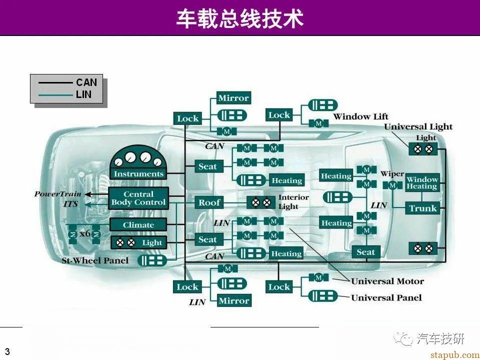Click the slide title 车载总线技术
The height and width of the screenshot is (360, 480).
[x=240, y=19]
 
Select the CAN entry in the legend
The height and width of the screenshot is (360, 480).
[x=86, y=82]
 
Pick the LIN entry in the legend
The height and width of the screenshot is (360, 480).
[x=84, y=94]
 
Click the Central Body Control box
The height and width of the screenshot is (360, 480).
[x=138, y=198]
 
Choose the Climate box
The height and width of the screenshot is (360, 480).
[x=138, y=225]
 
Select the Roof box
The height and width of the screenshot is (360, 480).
[x=209, y=202]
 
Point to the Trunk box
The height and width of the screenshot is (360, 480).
[x=423, y=208]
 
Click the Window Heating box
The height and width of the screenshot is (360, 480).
[x=422, y=183]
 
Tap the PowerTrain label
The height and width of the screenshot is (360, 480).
[x=57, y=194]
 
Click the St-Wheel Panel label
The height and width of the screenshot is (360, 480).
[x=95, y=260]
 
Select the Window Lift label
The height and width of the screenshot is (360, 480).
[x=360, y=117]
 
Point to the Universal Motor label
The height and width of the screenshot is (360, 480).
[x=387, y=281]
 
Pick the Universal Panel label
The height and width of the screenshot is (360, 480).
[x=386, y=298]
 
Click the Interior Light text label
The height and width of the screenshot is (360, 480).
[x=293, y=202]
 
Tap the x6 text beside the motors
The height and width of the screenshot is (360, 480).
[x=85, y=233]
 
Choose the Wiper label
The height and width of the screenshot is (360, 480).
[x=392, y=174]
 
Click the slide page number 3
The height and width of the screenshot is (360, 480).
[x=7, y=351]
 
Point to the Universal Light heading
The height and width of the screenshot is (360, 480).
[x=418, y=127]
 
